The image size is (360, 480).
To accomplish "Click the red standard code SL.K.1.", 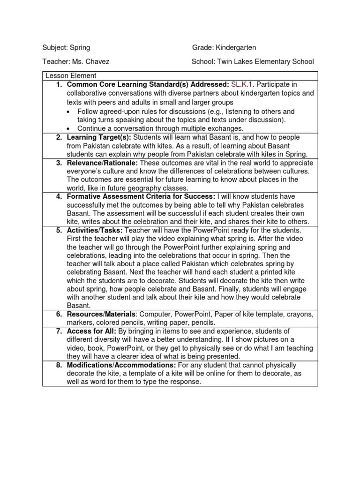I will (x=242, y=84).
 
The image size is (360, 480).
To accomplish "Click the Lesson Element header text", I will (x=71, y=75).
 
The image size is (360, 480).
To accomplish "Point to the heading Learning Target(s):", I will (x=98, y=137).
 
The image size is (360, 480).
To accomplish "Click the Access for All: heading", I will (x=91, y=331).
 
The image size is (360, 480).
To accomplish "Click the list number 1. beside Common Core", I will (x=59, y=84).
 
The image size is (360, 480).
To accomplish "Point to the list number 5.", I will (x=59, y=231).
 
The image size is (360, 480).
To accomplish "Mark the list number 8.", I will (x=59, y=365).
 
